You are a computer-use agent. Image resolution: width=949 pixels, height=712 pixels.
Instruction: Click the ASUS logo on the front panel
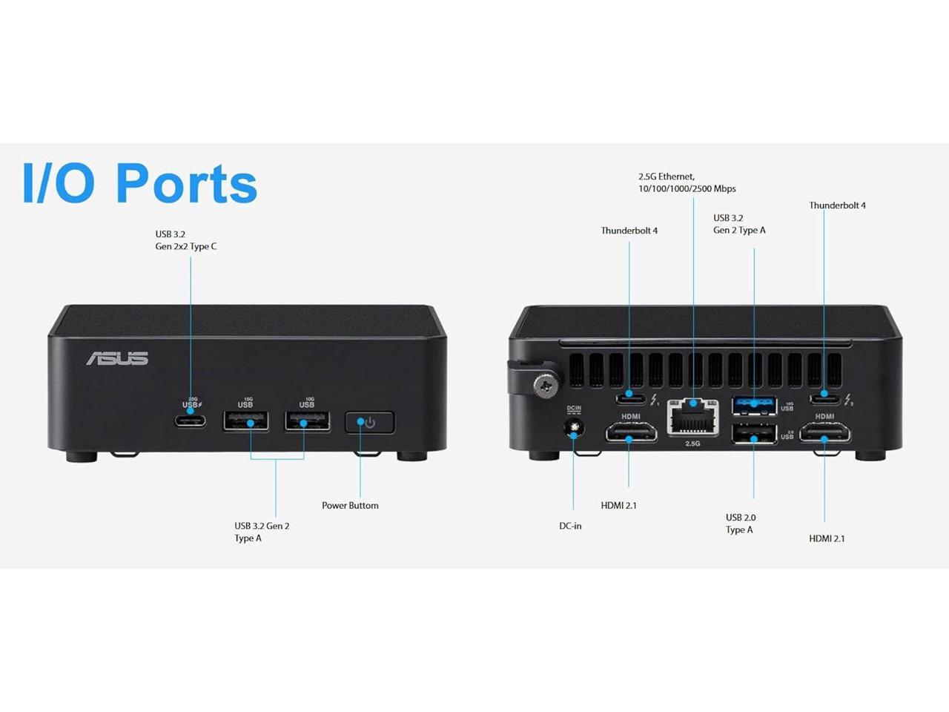[x=117, y=358]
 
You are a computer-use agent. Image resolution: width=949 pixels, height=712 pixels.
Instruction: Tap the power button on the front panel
[x=369, y=423]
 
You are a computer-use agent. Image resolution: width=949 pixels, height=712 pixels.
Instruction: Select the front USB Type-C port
[x=191, y=421]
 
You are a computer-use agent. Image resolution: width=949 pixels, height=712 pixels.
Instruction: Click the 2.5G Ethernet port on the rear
[x=692, y=418]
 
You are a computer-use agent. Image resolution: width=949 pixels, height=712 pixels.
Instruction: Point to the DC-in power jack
[x=573, y=429]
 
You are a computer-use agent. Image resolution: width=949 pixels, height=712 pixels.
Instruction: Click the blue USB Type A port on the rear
[x=754, y=405]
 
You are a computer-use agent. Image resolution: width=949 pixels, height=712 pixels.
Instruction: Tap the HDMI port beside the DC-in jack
[x=630, y=432]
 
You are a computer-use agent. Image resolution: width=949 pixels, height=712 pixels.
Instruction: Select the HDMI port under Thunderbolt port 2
[x=824, y=432]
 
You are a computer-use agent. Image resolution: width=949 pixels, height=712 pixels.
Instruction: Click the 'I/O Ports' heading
[x=140, y=183]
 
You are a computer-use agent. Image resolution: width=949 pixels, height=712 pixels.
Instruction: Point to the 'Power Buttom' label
[x=350, y=506]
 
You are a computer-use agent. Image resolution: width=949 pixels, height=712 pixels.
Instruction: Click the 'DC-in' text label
[x=570, y=526]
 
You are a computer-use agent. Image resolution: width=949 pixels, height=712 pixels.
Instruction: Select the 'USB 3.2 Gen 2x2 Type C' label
[x=185, y=240]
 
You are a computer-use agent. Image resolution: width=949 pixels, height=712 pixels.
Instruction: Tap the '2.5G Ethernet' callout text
[x=687, y=182]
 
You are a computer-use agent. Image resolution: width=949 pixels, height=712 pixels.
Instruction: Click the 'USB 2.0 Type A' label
[x=740, y=524]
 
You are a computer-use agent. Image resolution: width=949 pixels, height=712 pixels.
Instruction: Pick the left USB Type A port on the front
[x=246, y=422]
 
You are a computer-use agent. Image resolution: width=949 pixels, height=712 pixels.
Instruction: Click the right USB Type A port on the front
[x=307, y=422]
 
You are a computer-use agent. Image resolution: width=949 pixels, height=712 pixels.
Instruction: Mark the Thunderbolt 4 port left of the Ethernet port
[x=630, y=398]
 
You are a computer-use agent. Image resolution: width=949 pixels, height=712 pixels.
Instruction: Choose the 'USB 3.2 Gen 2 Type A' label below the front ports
[x=262, y=532]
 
